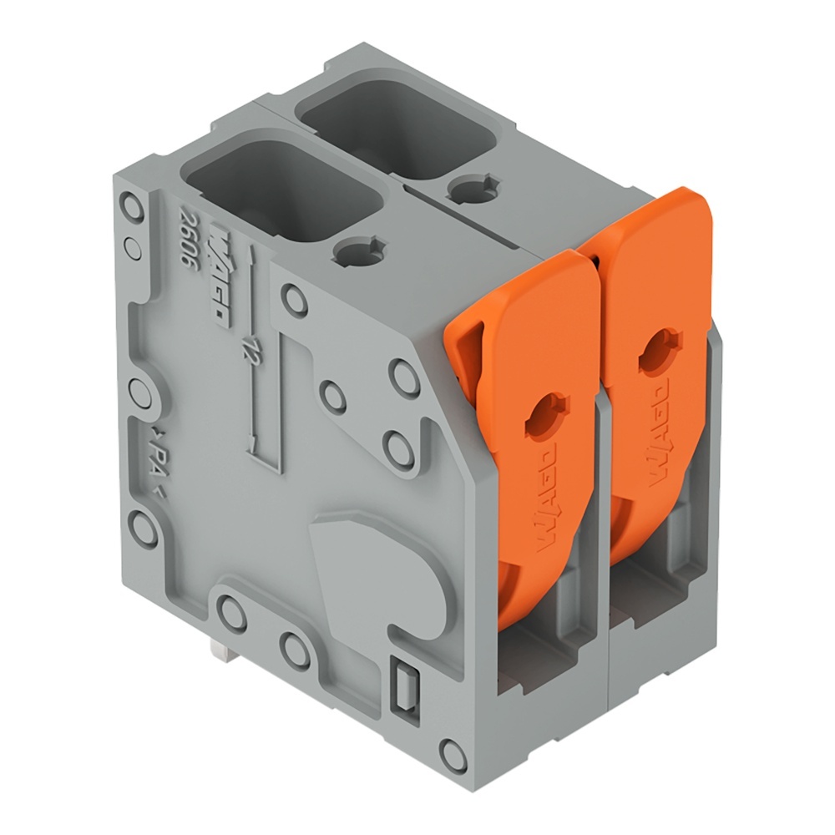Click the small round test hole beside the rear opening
(473, 189)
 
